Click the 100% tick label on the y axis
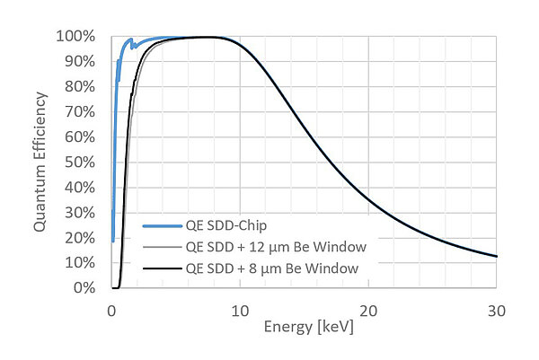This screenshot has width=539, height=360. click(78, 37)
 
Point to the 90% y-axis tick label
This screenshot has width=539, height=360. click(81, 62)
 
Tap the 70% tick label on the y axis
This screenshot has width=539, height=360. click(81, 112)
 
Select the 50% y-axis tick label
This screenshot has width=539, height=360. click(81, 162)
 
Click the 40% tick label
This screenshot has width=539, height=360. click(81, 188)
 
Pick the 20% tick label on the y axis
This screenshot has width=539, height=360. click(81, 238)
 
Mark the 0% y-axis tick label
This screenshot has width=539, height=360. click(84, 288)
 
